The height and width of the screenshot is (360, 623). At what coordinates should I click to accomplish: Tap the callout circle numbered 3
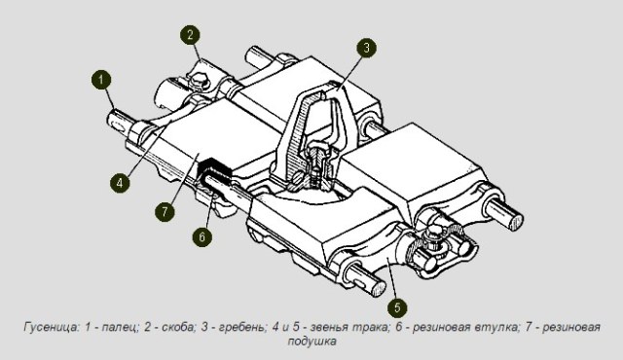(x=364, y=48)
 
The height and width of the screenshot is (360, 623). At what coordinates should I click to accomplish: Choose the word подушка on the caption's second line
(x=311, y=342)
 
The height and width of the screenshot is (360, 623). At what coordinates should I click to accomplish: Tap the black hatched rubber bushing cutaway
(x=214, y=176)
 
